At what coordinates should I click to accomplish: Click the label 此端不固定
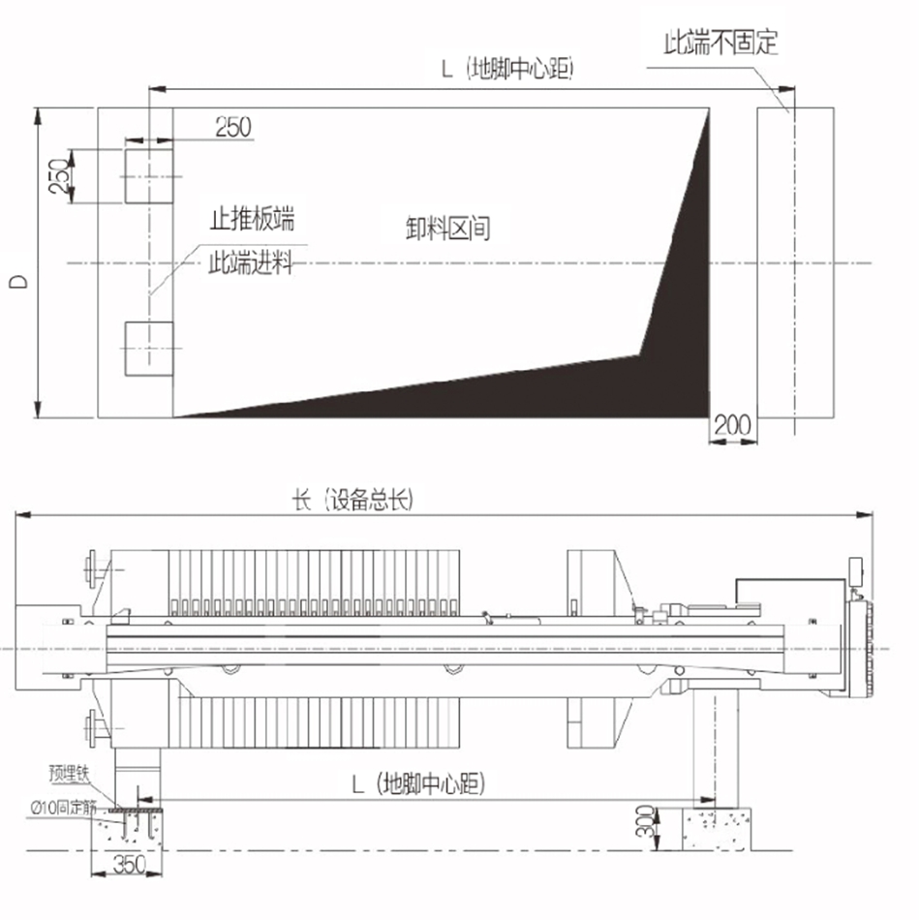pos(721,43)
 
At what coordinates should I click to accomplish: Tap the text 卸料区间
pos(447,228)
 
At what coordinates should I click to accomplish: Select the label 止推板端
pos(253,218)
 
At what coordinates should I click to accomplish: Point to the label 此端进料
pos(251,262)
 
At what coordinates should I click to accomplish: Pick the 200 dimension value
pos(732,425)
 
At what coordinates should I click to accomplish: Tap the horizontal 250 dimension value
pos(233,127)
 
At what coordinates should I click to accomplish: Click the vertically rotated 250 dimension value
pos(59,176)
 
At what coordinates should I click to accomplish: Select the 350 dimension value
pos(130,864)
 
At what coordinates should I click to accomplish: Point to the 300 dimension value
pos(645,821)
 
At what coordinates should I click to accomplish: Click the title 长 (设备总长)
pos(353,501)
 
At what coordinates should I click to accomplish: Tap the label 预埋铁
pos(69,774)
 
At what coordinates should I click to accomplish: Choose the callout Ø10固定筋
pos(63,808)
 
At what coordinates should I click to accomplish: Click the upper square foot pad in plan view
pos(149,176)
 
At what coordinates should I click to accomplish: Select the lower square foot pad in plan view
pos(149,349)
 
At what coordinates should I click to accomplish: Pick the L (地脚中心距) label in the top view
pos(507,69)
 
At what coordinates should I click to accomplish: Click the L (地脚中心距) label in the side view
pos(418,783)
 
